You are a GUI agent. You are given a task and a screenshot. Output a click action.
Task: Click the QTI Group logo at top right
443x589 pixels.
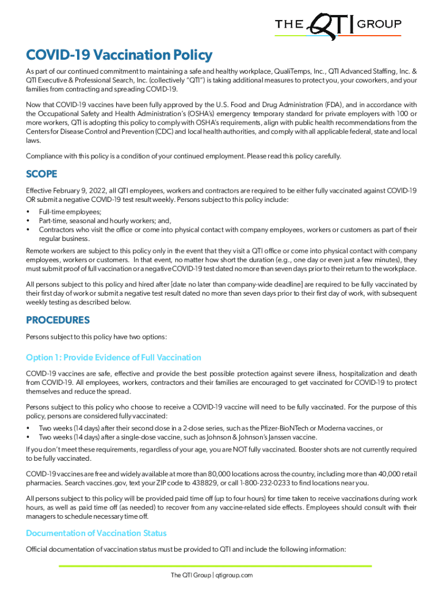coord(338,26)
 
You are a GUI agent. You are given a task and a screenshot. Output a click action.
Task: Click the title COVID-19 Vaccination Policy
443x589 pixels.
coord(119,55)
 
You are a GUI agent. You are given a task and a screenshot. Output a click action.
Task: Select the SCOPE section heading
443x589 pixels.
coord(41,174)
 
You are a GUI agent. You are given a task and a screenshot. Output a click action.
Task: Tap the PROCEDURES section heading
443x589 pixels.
coord(58,320)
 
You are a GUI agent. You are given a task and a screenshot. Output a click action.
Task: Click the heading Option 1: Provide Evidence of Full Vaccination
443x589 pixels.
coord(113,357)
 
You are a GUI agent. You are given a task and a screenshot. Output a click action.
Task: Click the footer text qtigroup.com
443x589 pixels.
coord(235,575)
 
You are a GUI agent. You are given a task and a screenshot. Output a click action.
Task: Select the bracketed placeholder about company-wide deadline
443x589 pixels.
coord(224,284)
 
